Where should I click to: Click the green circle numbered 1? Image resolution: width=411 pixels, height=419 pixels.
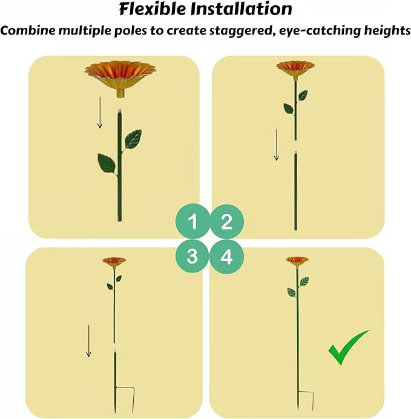pos(192,221)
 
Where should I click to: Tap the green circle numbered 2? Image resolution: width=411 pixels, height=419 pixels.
pos(227,222)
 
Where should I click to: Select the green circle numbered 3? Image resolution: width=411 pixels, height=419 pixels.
pos(192,256)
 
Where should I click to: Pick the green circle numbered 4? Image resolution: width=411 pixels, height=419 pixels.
pos(227,257)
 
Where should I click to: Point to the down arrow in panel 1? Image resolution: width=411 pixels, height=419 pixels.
pos(100,113)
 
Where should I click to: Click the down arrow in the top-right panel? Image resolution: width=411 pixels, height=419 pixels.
pos(277,145)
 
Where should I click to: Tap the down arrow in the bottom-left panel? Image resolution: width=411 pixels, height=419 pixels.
pos(88,341)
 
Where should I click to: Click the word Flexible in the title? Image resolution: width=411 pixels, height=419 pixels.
pos(152,8)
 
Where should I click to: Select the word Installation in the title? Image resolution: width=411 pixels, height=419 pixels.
pos(242,8)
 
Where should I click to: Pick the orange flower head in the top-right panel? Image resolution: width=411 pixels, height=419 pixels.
pos(295,69)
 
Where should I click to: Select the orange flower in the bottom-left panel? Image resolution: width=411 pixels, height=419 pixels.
pos(114,262)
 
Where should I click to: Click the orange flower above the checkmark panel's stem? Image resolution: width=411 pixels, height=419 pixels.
pos(297,261)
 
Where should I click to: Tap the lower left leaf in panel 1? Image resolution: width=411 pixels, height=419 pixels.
pos(107,163)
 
